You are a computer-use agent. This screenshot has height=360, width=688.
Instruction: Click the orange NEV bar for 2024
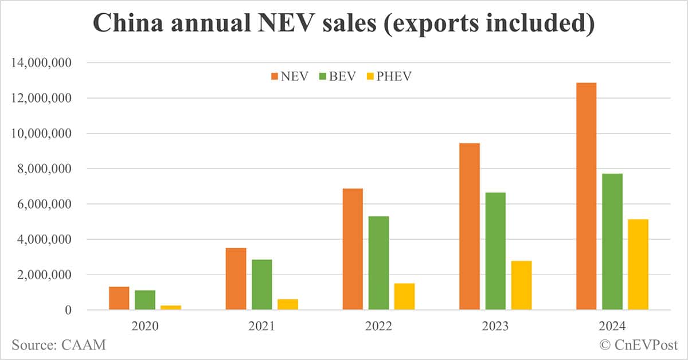(586, 196)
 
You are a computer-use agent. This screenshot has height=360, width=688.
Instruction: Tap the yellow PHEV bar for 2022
(404, 296)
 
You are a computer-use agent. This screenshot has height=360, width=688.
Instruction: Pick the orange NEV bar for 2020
(119, 298)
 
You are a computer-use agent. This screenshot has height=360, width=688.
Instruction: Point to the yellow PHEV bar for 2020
(171, 308)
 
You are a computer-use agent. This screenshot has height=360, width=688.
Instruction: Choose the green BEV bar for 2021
(262, 284)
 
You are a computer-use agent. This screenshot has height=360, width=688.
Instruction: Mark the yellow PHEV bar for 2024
(638, 264)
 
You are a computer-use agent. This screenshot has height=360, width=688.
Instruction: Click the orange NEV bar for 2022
(353, 249)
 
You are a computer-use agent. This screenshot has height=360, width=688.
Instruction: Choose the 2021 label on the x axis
(261, 327)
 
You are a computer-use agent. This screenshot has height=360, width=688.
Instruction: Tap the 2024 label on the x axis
(611, 327)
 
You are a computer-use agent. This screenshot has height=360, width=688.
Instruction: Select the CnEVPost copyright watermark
(638, 345)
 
